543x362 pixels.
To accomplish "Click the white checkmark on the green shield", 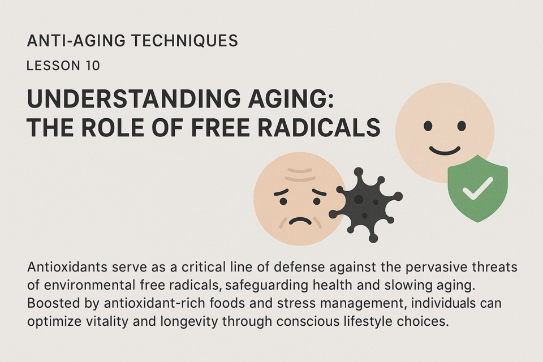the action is (477, 188).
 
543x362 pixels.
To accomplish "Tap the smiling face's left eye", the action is (428, 126).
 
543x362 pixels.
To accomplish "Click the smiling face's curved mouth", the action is (445, 150).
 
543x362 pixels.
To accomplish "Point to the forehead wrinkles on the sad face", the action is (300, 174).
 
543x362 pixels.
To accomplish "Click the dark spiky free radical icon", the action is (365, 205).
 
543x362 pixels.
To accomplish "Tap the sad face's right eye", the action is (317, 201).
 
